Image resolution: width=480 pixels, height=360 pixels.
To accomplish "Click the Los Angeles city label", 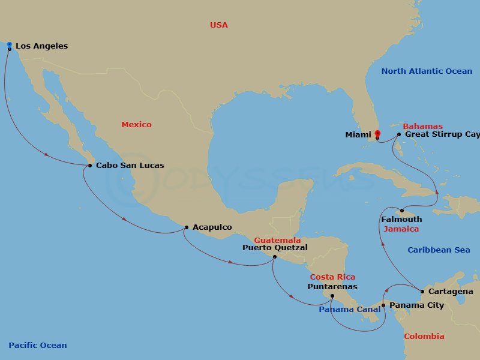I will tap(41, 46).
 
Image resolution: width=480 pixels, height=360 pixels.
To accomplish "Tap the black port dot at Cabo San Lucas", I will tap(90, 166).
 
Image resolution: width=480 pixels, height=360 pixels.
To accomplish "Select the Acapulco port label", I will tap(212, 227).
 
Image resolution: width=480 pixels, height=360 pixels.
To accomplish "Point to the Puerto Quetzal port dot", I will tap(274, 257).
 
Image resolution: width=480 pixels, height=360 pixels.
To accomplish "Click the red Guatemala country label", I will tap(277, 240).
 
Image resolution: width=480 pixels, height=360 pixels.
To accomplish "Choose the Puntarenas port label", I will tap(332, 286).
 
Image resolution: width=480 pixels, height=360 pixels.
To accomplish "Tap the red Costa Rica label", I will tap(332, 277).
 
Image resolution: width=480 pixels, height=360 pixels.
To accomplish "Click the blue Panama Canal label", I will tap(349, 310).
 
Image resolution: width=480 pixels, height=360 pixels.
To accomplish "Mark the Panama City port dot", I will tap(383, 305).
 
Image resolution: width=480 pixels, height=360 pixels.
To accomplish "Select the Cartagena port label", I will tap(451, 292).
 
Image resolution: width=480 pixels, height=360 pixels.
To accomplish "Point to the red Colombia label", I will tap(424, 337).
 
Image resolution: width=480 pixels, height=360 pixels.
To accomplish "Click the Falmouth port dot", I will tap(401, 210).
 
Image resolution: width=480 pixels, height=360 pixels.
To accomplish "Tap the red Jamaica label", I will tap(401, 229).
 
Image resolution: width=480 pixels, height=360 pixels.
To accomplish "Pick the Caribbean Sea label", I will tap(439, 250).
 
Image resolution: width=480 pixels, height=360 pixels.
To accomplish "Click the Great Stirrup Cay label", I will tap(442, 134).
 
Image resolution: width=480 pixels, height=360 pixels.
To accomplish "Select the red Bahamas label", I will tap(422, 127).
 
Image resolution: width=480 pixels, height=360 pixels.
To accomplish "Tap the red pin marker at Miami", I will tap(377, 134).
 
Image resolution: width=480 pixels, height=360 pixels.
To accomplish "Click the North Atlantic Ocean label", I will tap(427, 71).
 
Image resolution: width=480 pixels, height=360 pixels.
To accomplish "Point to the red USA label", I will tap(219, 25).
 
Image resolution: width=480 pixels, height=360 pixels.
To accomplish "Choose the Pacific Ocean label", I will tap(38, 346).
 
